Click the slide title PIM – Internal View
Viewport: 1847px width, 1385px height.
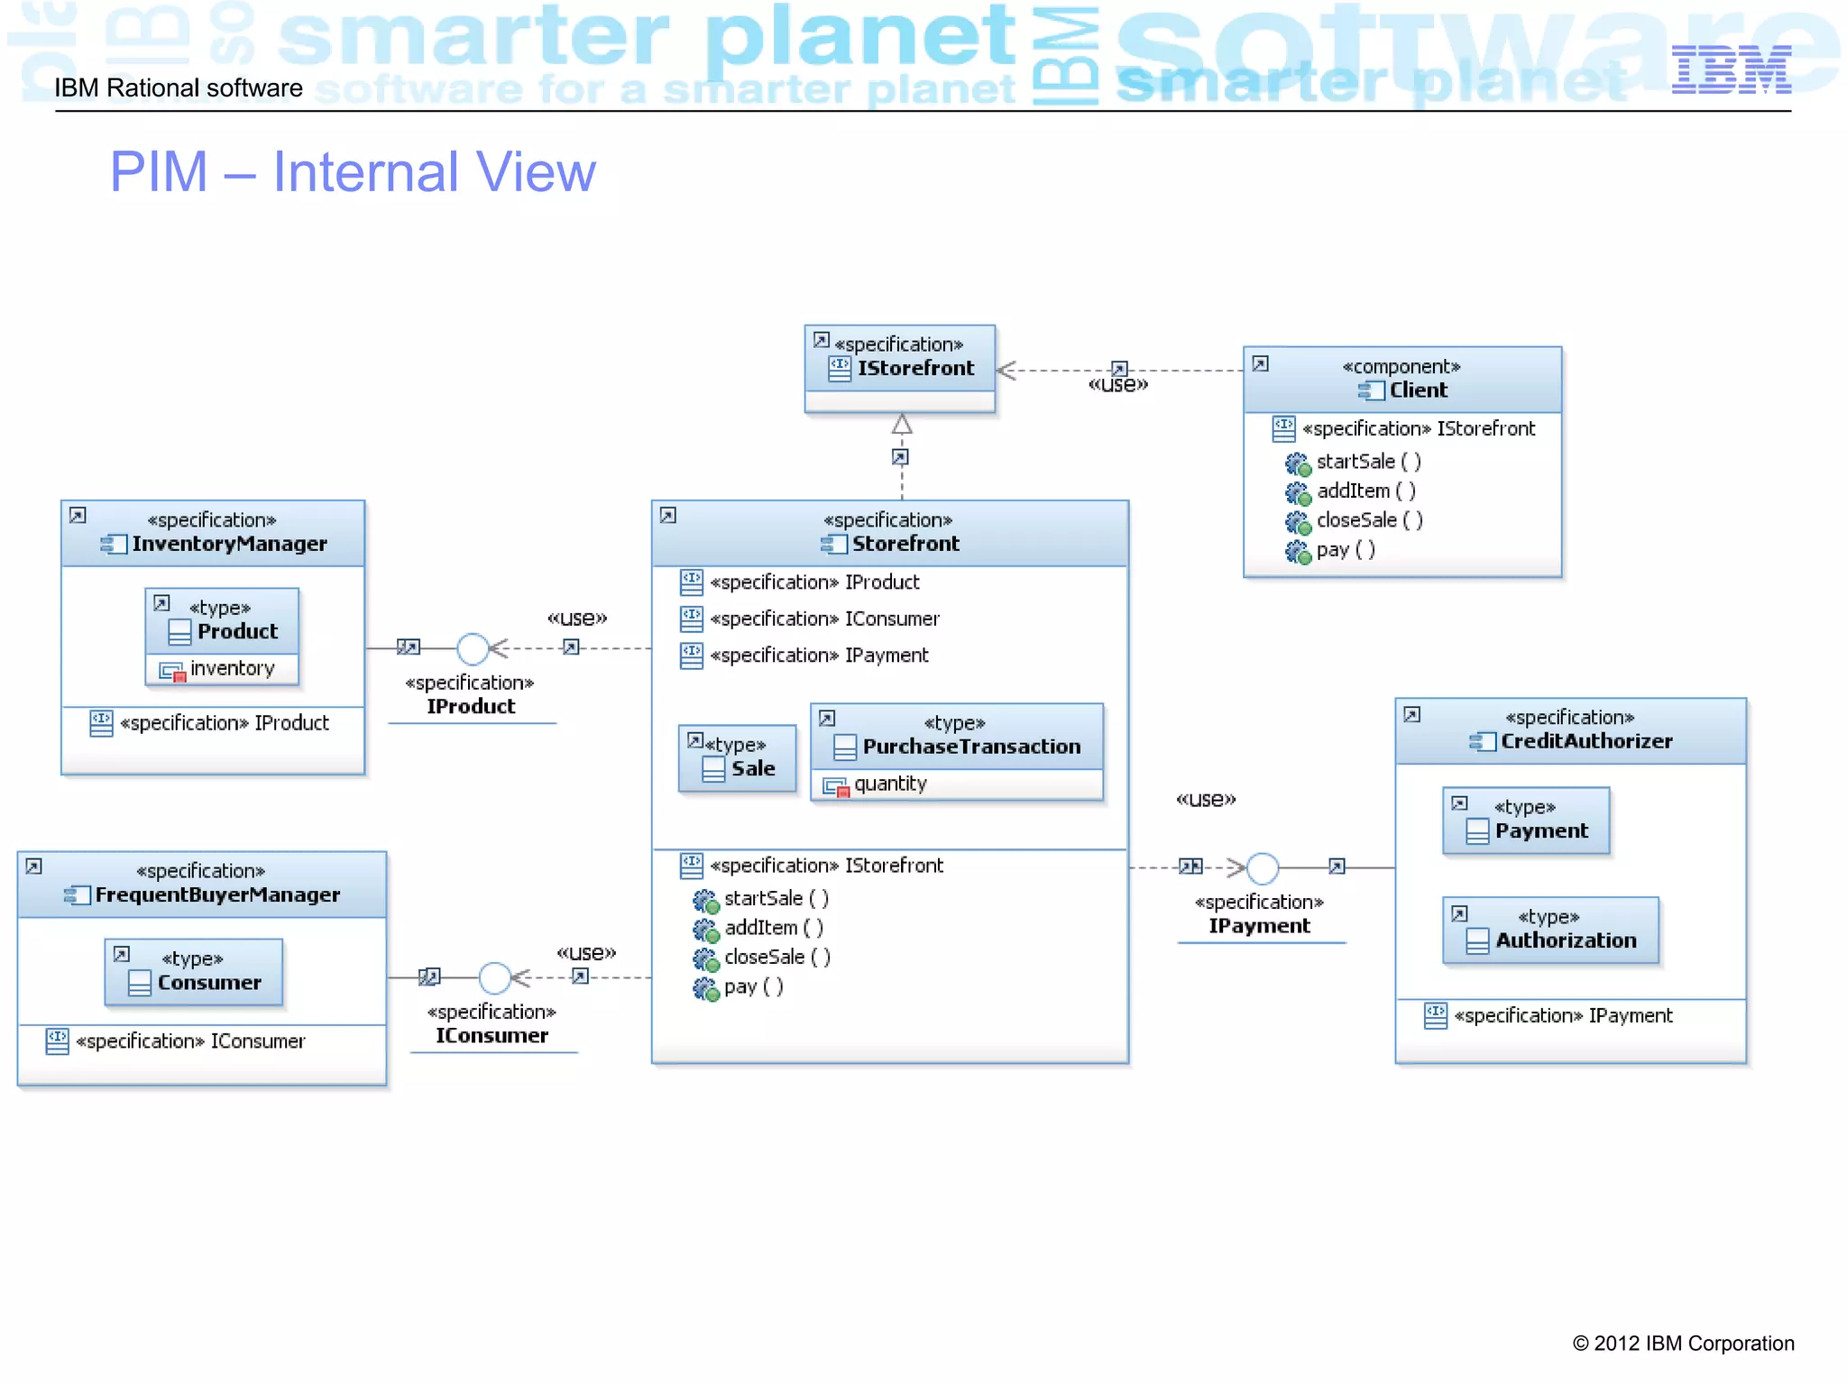tap(353, 172)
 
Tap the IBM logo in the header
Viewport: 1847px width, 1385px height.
tap(1731, 70)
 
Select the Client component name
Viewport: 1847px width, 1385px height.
tap(1417, 390)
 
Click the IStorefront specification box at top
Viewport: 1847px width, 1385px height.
tap(900, 368)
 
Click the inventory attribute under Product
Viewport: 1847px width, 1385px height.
tap(232, 669)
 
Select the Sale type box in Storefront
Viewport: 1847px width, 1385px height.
tap(738, 759)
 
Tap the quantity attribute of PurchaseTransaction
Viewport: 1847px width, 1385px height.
tap(890, 784)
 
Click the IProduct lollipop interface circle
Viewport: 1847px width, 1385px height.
tap(473, 648)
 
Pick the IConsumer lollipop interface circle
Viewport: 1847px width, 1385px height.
tap(494, 977)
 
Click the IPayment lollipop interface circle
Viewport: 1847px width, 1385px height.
tap(1263, 868)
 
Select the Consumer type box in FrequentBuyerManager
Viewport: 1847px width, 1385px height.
tap(194, 972)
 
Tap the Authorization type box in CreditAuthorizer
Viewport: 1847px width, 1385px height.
tap(1550, 931)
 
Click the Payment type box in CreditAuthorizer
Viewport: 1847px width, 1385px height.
tap(1526, 821)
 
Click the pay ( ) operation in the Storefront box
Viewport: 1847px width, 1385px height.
tap(753, 986)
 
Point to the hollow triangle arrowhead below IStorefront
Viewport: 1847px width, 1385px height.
tap(902, 424)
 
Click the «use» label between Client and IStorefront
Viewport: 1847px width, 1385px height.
tap(1117, 385)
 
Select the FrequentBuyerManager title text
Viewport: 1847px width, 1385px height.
tap(217, 894)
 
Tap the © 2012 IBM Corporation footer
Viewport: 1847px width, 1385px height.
tap(1683, 1344)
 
